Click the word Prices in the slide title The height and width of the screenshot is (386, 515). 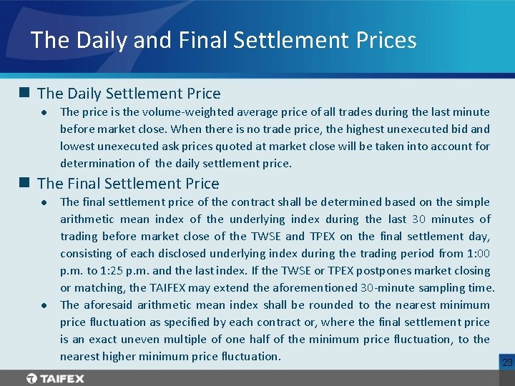pyautogui.click(x=383, y=39)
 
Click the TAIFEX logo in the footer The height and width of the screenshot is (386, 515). pyautogui.click(x=55, y=378)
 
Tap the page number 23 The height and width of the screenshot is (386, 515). pyautogui.click(x=507, y=363)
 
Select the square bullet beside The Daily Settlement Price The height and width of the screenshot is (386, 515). pyautogui.click(x=24, y=93)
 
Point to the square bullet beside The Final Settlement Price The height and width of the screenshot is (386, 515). pyautogui.click(x=24, y=183)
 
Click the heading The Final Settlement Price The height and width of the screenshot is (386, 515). pyautogui.click(x=128, y=183)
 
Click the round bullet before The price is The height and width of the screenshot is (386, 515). pyautogui.click(x=44, y=112)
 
